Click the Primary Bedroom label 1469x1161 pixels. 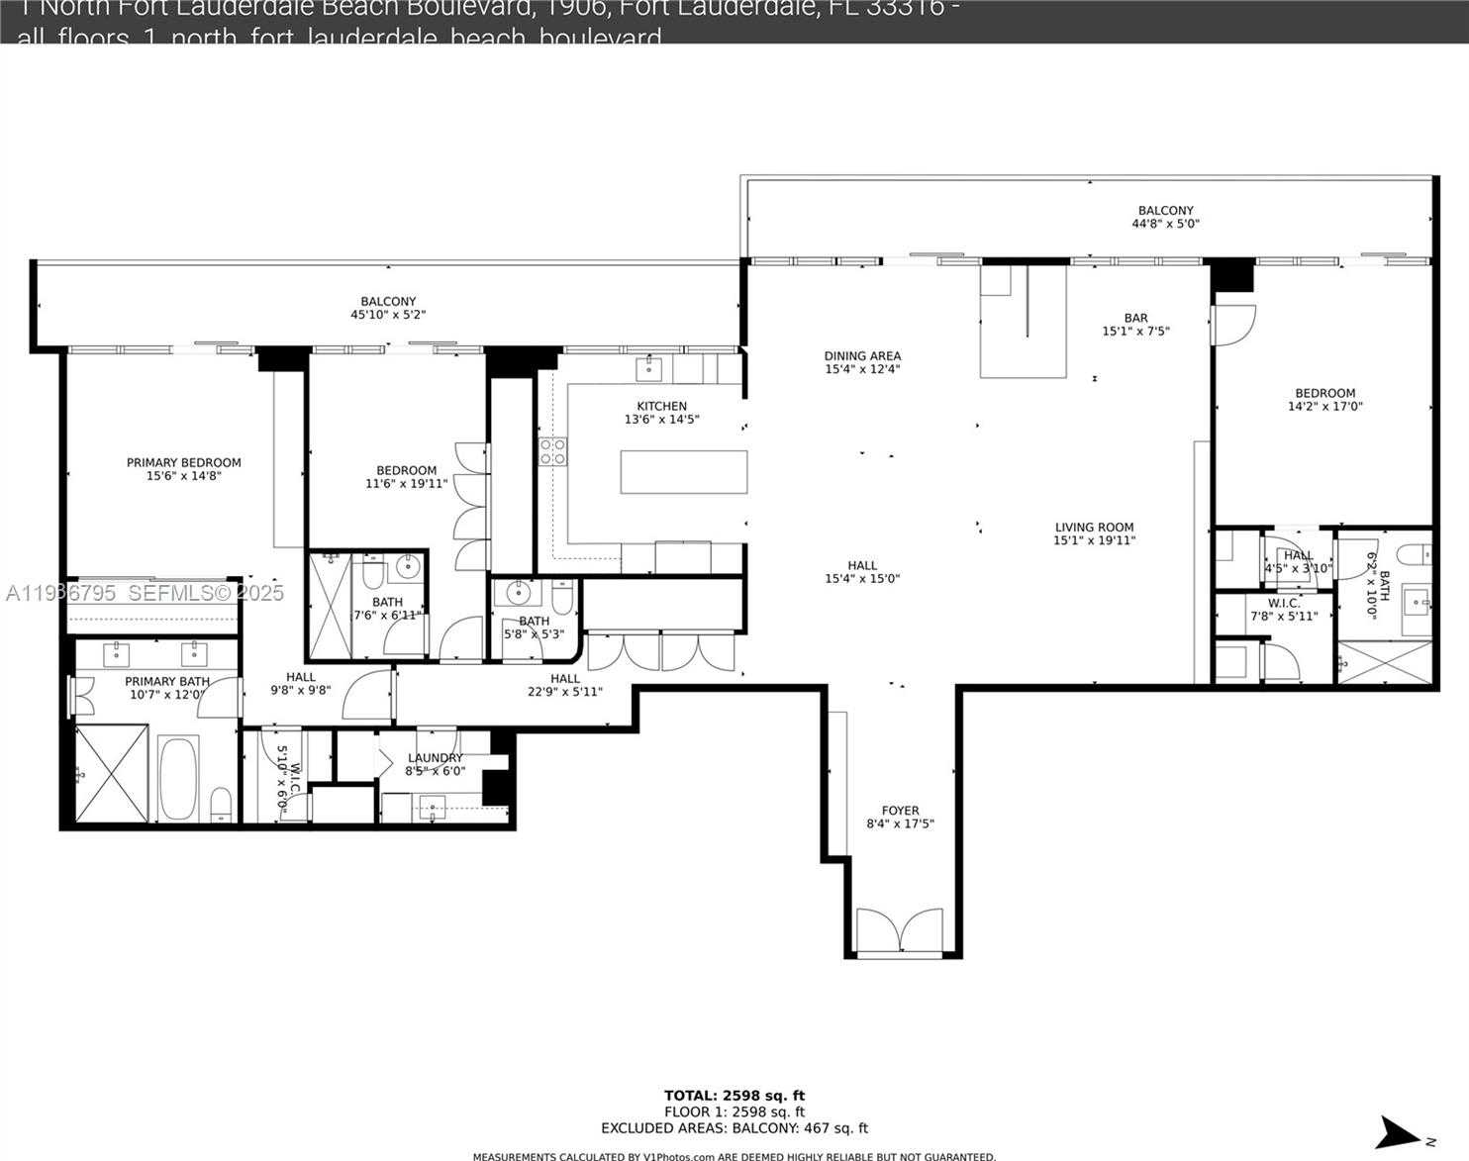tap(183, 462)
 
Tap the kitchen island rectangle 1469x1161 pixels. tap(683, 471)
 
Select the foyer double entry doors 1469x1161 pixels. tap(899, 930)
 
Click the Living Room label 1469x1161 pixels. tap(1094, 528)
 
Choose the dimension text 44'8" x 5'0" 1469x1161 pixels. tap(1165, 224)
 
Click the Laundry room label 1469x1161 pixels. tap(435, 758)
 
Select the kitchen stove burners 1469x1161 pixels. tap(552, 452)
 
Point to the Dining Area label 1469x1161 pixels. tap(862, 356)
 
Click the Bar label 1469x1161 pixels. tap(1135, 319)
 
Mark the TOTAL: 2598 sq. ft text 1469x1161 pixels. tap(734, 1095)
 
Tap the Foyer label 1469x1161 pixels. tap(900, 811)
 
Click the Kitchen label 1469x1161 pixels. tap(661, 406)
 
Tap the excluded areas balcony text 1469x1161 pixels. tap(734, 1127)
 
